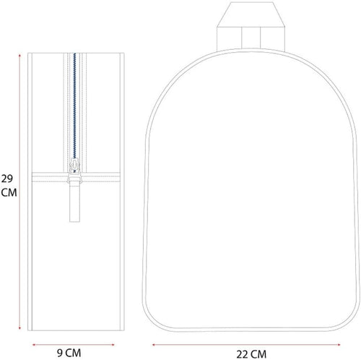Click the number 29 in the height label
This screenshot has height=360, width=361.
tap(7, 179)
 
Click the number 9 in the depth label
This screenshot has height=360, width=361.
tap(63, 353)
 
